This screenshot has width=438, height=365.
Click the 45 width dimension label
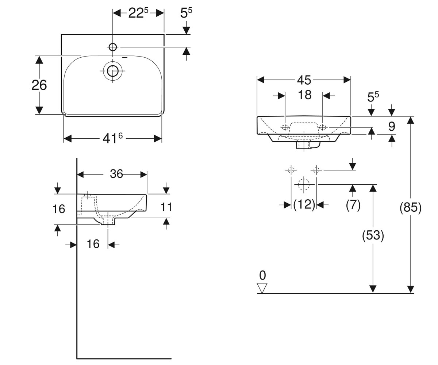point(304,80)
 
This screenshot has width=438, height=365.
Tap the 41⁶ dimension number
point(113,138)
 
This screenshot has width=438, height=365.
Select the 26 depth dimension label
point(39,85)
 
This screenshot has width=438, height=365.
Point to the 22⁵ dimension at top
point(138,13)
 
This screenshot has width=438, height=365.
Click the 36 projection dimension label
point(116,174)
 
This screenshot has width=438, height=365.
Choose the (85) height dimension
point(410,208)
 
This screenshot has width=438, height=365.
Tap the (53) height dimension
point(373,235)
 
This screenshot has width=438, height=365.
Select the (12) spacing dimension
point(304,204)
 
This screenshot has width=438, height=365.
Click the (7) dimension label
point(353,204)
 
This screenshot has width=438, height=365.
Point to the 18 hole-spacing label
point(304,95)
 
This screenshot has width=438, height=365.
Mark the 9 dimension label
point(392,127)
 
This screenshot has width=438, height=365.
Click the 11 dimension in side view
point(166,207)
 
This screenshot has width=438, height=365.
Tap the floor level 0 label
point(263,275)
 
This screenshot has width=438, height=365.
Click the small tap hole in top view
point(113,47)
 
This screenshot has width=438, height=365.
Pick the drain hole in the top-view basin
point(113,71)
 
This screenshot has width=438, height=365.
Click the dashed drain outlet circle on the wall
point(304,184)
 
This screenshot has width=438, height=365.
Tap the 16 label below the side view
point(93,244)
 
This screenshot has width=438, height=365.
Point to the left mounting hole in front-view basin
point(285,127)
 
